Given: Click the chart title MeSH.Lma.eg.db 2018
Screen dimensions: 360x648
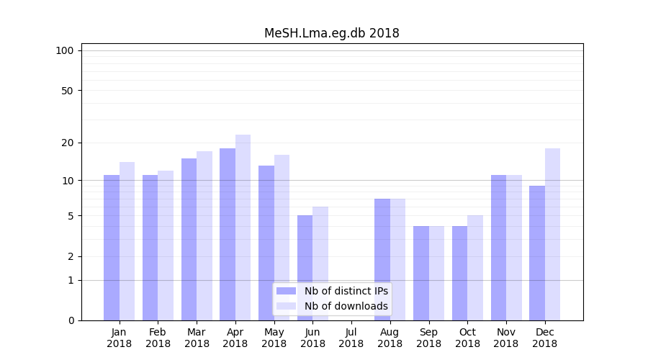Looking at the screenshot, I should [x=331, y=33].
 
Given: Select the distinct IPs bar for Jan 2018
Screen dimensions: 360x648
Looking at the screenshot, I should [x=112, y=248].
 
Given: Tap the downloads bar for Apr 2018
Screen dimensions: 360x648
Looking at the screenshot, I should [x=243, y=228].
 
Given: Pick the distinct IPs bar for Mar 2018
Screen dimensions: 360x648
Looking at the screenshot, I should [x=189, y=239].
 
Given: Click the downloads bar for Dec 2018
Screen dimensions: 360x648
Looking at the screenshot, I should [x=552, y=234].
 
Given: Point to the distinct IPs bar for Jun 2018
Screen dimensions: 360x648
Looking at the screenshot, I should [x=305, y=268].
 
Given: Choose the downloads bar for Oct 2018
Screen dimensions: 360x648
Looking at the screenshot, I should [x=475, y=268].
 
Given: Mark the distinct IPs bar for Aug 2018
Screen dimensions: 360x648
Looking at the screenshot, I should [x=382, y=259].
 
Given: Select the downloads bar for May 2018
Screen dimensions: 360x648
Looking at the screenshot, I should [x=282, y=238].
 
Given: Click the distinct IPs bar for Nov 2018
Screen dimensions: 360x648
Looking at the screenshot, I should [x=498, y=248].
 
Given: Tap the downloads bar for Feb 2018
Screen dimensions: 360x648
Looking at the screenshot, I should [x=166, y=246].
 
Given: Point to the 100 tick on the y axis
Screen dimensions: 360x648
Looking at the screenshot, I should [x=65, y=50].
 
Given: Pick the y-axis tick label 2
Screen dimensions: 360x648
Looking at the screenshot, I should [x=71, y=256].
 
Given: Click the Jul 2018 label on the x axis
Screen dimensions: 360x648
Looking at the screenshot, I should [x=351, y=338].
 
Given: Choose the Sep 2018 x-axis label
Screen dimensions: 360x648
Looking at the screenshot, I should [x=428, y=338].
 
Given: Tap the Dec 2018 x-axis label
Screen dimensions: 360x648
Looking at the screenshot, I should [x=544, y=338].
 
